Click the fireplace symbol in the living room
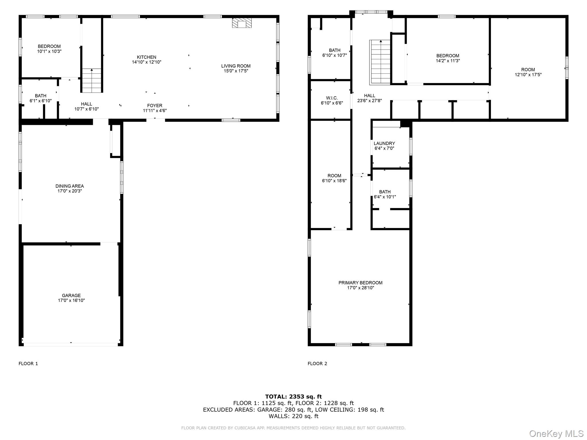click(242, 23)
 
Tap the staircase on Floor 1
click(92, 80)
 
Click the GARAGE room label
click(71, 295)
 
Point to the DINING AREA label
click(70, 186)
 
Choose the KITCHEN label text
click(146, 57)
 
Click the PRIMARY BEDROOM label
click(361, 283)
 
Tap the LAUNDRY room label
click(384, 143)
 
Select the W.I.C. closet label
click(332, 98)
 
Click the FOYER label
click(155, 106)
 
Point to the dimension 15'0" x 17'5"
click(236, 71)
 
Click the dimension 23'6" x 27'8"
click(369, 101)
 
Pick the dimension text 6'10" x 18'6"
click(334, 181)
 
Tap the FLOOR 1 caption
click(28, 364)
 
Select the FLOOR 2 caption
click(317, 364)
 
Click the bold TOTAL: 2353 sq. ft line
click(293, 396)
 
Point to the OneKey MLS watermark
click(556, 433)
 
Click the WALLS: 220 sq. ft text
click(293, 416)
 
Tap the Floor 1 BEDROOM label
click(49, 46)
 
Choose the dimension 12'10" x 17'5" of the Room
click(528, 75)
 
